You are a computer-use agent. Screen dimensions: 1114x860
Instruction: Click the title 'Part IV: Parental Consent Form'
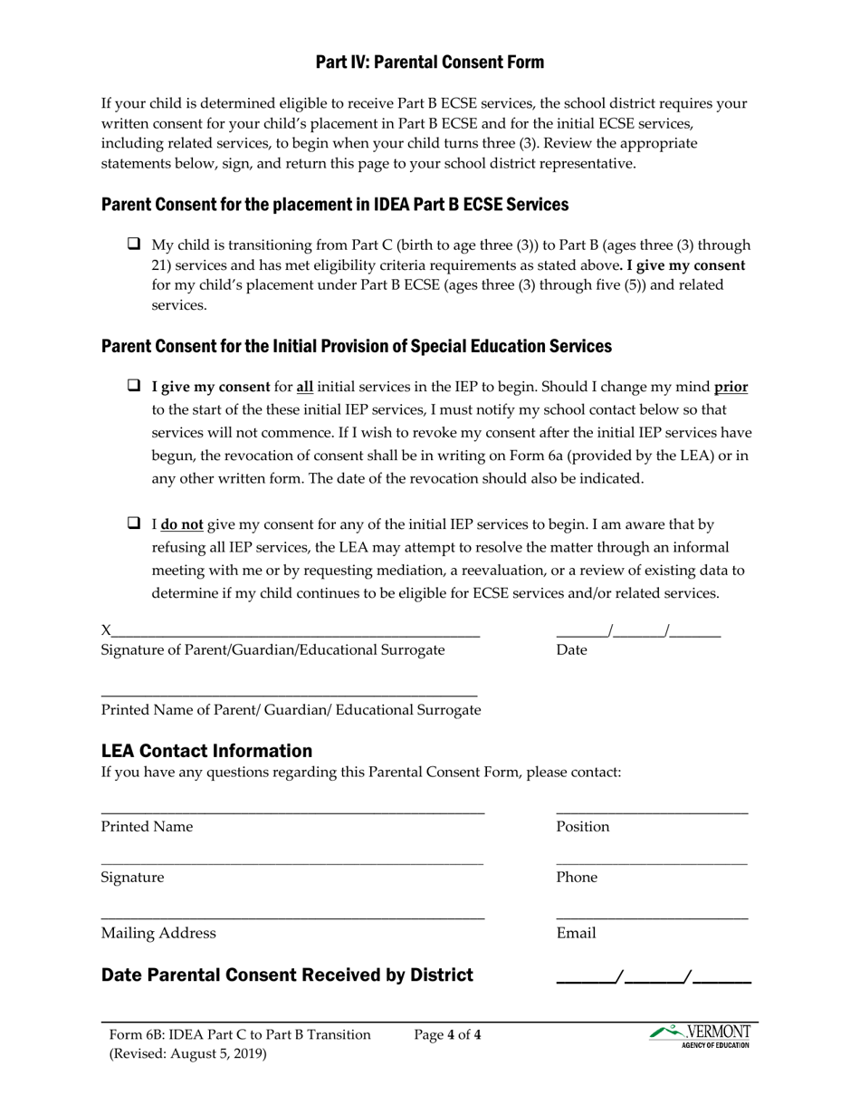(x=429, y=62)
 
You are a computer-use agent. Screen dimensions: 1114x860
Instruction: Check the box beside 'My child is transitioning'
(x=134, y=244)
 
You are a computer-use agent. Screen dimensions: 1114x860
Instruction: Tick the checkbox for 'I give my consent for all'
(x=134, y=386)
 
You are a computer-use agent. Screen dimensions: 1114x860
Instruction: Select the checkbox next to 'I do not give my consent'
(x=134, y=523)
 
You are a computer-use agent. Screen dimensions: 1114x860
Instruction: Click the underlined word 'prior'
(x=731, y=387)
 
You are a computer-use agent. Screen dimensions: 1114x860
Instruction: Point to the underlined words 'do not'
(x=182, y=524)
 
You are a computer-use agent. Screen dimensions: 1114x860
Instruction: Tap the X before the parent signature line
(x=106, y=630)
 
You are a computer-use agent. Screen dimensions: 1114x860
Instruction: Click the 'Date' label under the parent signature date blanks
(x=571, y=650)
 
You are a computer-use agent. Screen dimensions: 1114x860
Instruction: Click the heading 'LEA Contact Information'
(x=206, y=751)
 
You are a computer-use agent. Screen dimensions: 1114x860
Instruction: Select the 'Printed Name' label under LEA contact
(x=147, y=827)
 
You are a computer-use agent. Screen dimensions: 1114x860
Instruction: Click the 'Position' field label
(x=582, y=827)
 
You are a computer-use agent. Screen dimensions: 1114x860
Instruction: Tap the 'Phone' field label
(x=577, y=878)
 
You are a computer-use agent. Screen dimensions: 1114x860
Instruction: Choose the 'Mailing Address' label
(x=158, y=934)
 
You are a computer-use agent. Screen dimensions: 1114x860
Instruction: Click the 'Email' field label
(x=576, y=934)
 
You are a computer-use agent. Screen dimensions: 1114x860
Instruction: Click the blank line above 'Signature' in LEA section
(x=291, y=863)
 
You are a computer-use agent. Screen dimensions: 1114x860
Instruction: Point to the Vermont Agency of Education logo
(x=701, y=1035)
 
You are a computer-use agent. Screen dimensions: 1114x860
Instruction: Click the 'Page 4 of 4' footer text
(x=447, y=1034)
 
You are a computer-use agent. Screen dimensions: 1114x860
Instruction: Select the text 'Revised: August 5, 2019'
(x=190, y=1054)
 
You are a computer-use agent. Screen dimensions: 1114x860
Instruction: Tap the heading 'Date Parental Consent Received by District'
(x=287, y=975)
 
